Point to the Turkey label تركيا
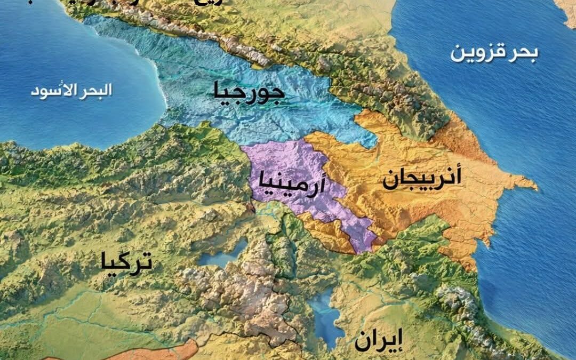(x=126, y=262)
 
